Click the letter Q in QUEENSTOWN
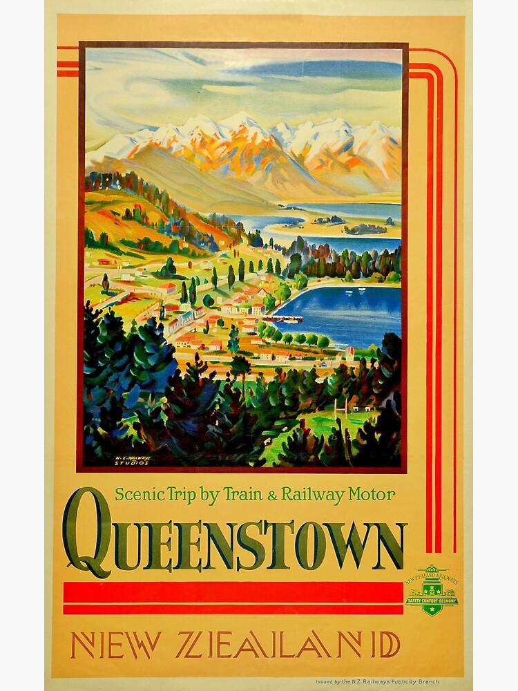pyautogui.click(x=86, y=532)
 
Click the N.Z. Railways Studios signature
pyautogui.click(x=132, y=460)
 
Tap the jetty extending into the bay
pyautogui.click(x=287, y=319)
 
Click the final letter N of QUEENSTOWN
pyautogui.click(x=388, y=546)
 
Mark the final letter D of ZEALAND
pyautogui.click(x=389, y=645)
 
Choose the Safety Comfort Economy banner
pyautogui.click(x=431, y=600)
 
